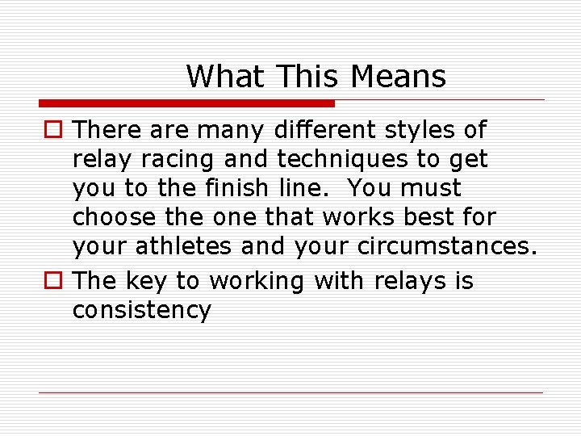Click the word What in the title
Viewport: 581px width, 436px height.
click(x=225, y=77)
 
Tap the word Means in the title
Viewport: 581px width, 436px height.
click(x=398, y=77)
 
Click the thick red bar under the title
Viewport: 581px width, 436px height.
click(x=186, y=103)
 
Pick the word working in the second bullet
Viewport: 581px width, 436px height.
click(x=257, y=280)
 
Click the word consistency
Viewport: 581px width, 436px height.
click(x=142, y=309)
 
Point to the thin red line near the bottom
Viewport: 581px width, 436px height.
click(x=290, y=393)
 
